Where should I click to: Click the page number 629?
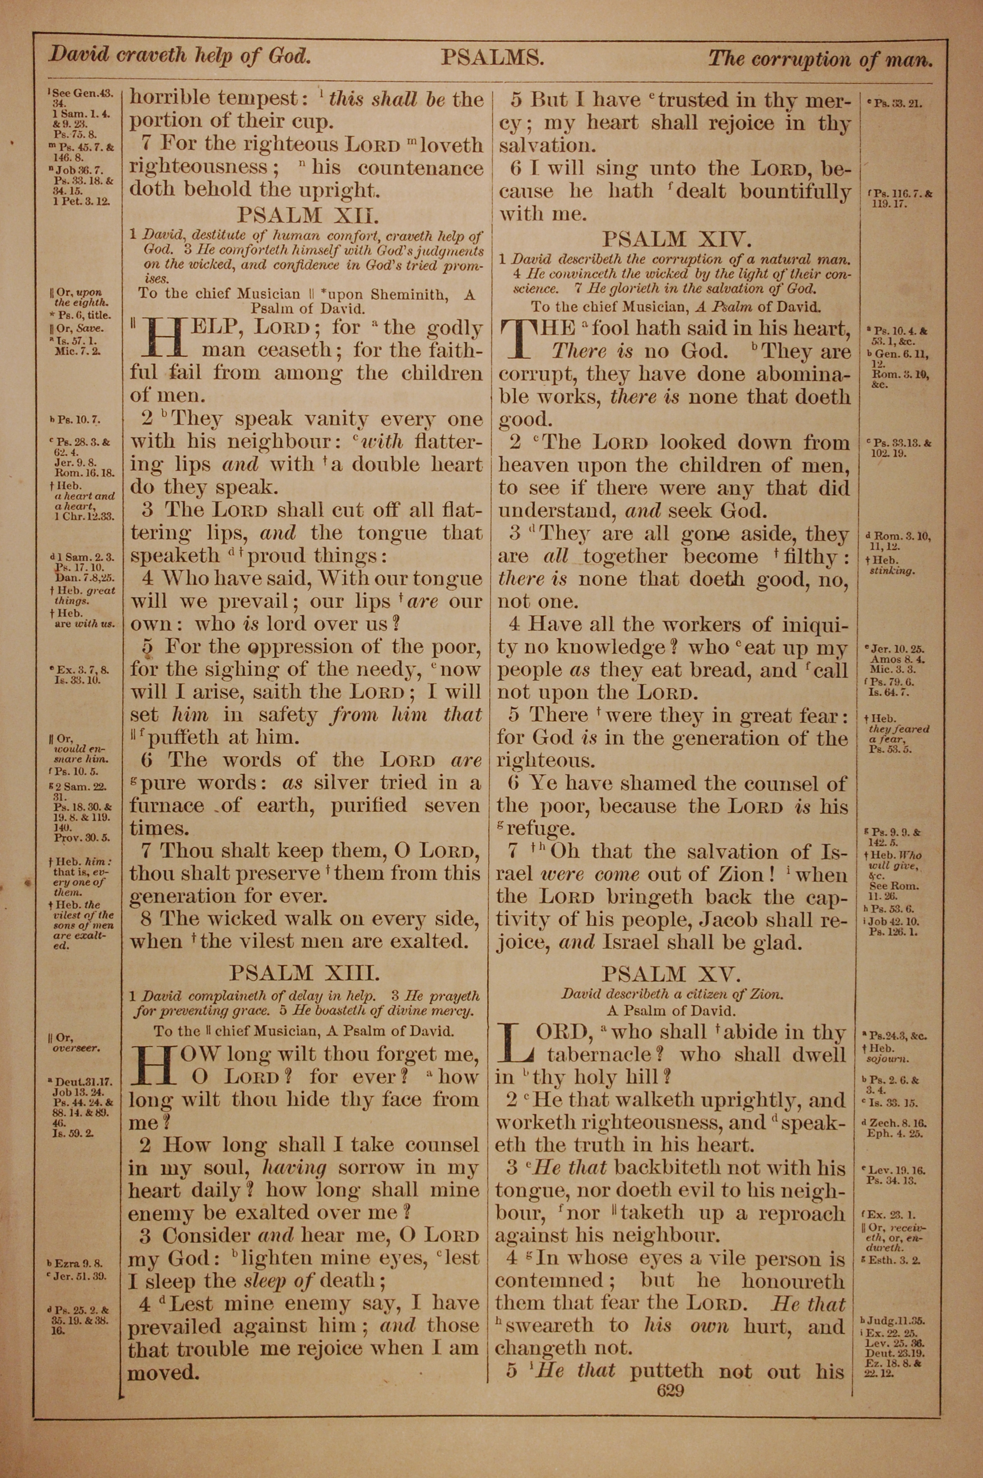click(x=670, y=1391)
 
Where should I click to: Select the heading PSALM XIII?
click(x=305, y=973)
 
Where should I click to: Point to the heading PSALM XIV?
click(x=674, y=239)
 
